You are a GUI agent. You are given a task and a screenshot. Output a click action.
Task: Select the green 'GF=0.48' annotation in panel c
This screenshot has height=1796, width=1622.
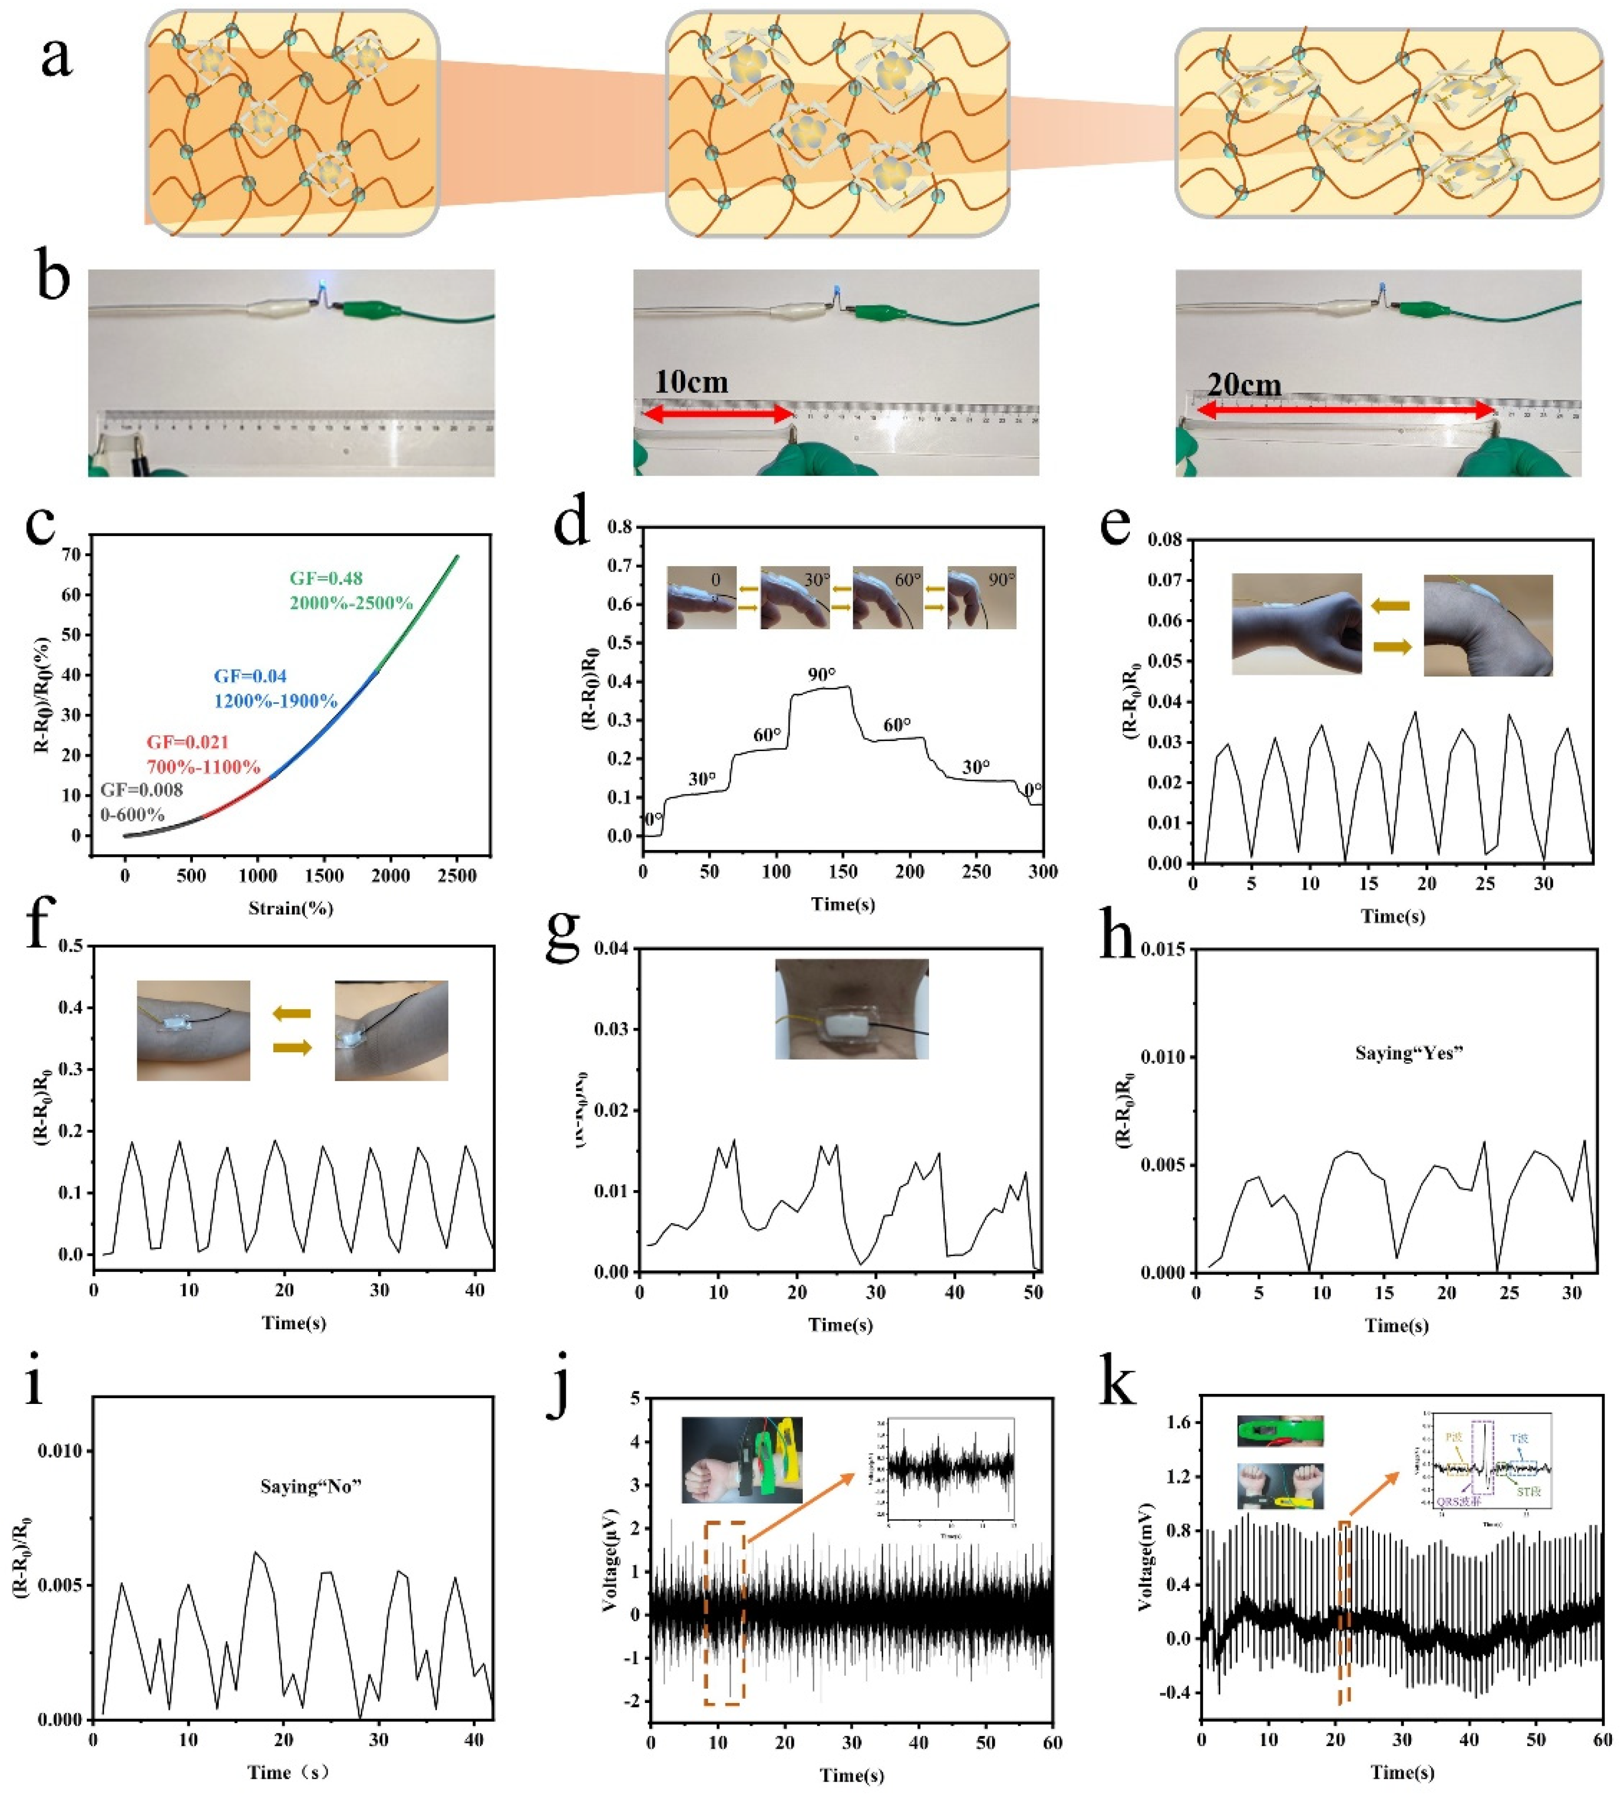[326, 578]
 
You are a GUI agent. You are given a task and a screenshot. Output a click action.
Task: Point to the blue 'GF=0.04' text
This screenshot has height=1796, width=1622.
[250, 676]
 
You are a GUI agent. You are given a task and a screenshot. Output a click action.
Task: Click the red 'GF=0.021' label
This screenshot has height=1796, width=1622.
[188, 742]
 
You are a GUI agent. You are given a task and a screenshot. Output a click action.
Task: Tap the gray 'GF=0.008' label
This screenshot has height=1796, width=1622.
[142, 789]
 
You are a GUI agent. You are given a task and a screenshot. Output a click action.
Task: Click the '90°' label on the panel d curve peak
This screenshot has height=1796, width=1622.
[822, 674]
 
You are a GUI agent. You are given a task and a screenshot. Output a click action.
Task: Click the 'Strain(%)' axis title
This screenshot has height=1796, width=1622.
[291, 909]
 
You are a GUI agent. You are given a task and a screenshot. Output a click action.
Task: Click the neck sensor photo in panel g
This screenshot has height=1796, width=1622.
[851, 1009]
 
